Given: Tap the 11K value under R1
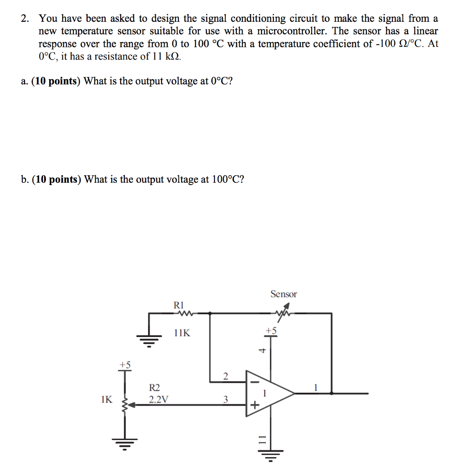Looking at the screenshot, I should (x=181, y=333).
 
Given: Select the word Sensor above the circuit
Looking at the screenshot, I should (x=283, y=294).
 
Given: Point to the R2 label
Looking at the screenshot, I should (x=154, y=388).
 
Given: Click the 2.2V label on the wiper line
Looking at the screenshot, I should (x=159, y=399).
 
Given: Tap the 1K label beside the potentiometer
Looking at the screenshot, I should (x=106, y=399).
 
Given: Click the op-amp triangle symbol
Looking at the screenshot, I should (x=269, y=393).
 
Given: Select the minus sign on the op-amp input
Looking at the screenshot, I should (x=254, y=382).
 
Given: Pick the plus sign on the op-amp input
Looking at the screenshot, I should (x=254, y=405).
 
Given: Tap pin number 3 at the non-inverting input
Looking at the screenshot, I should (x=226, y=399).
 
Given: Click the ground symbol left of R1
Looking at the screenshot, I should (x=149, y=342).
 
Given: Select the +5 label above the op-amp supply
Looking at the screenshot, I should (x=271, y=331).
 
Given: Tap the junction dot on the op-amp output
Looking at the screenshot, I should (x=332, y=393).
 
